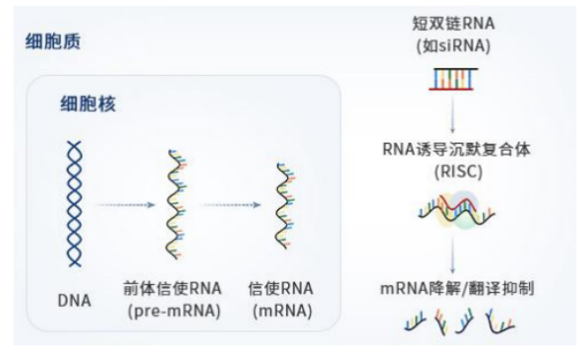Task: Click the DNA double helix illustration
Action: (75, 203)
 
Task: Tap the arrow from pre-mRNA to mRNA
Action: (233, 206)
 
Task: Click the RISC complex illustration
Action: (450, 210)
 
